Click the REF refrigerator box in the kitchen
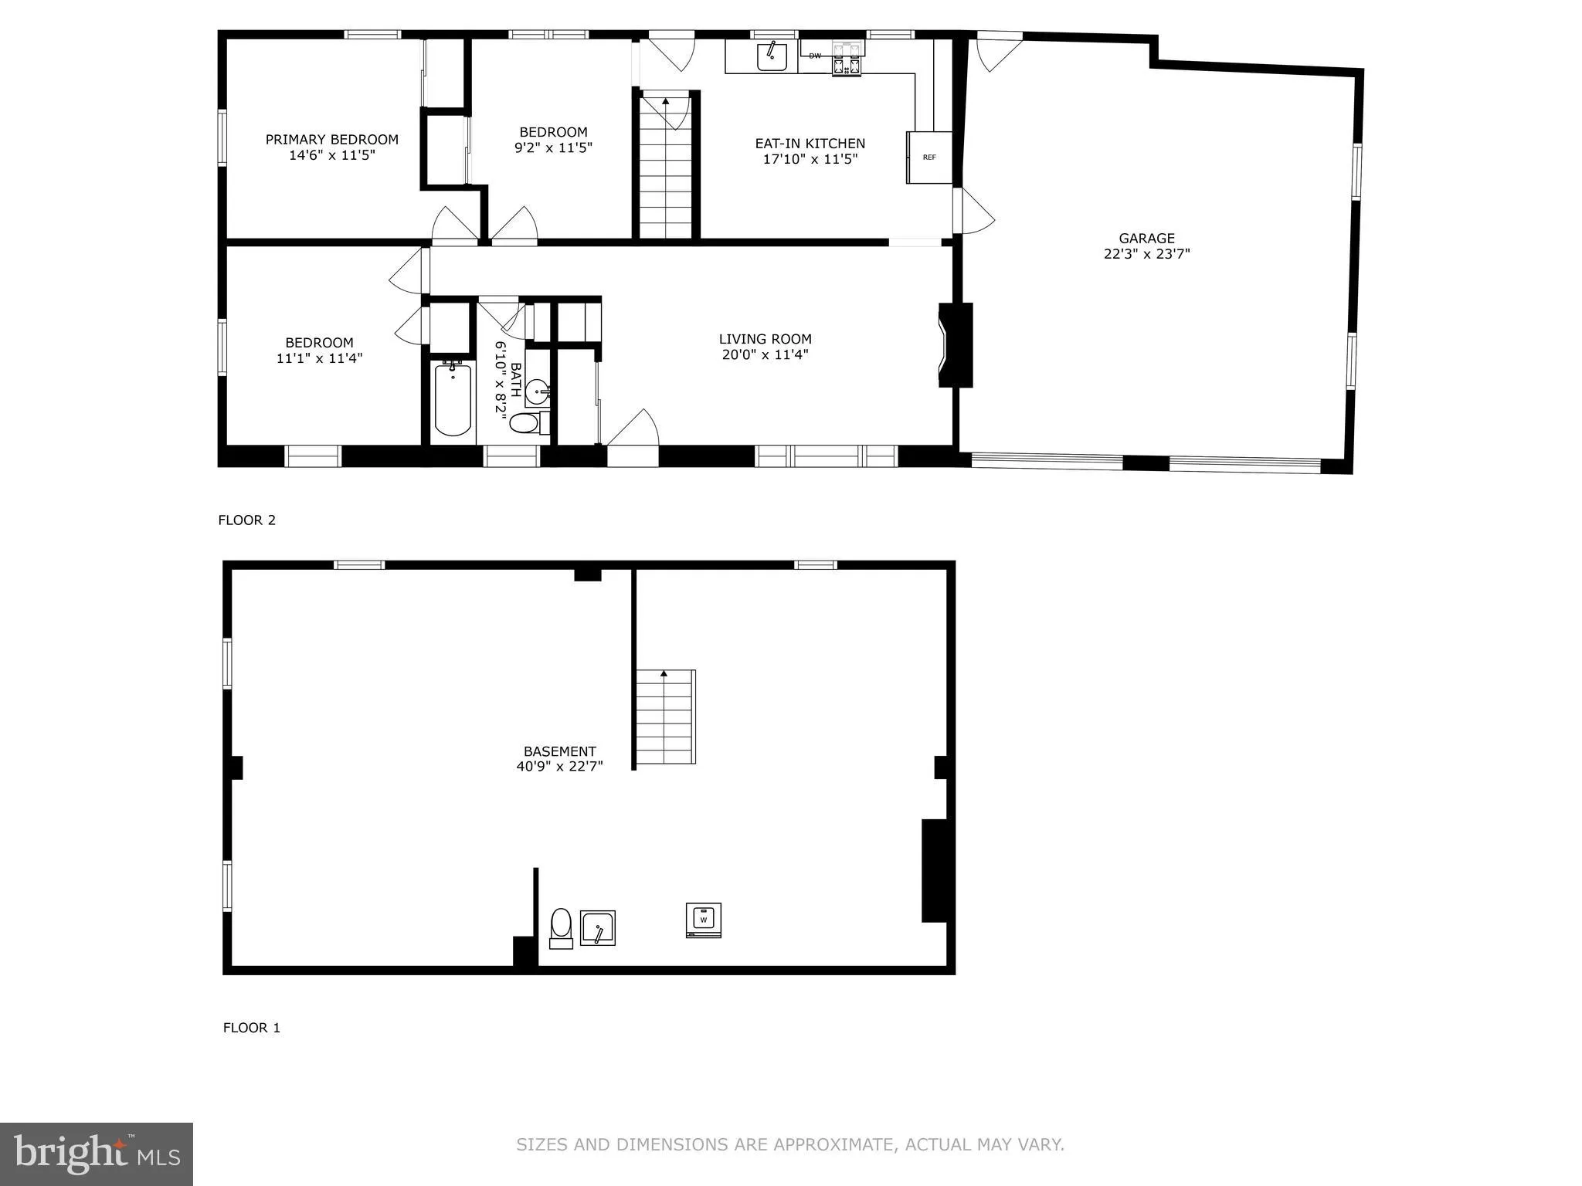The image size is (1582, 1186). point(929,158)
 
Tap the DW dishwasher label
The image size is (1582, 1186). point(815,56)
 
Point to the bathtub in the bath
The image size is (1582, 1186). point(453,399)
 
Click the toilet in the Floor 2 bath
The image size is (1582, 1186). point(525,423)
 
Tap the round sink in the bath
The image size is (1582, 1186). point(538,392)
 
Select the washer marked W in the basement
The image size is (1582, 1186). point(703,920)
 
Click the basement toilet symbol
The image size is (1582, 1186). point(561,927)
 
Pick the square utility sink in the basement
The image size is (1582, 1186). point(598,928)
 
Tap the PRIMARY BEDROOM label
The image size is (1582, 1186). point(332,140)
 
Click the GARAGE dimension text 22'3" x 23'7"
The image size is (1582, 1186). point(1146,254)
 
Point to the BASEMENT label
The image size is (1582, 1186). point(560,751)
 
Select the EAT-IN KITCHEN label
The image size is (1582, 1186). point(810,144)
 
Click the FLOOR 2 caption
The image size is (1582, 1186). point(246,520)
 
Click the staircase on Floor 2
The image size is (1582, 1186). point(666,174)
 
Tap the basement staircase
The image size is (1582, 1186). point(665,718)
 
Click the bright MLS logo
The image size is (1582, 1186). point(97,1154)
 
